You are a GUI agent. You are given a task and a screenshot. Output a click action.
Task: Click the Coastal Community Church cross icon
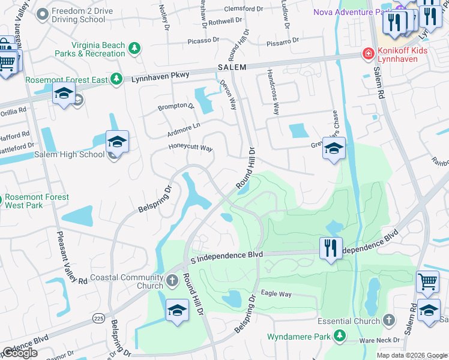(172, 280)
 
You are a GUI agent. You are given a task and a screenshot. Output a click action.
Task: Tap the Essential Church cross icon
(389, 320)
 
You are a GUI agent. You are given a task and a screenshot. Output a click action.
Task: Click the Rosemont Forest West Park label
(37, 201)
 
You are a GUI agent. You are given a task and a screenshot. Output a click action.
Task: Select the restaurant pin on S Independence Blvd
(330, 248)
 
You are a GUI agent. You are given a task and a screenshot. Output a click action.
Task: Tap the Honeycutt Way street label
(190, 148)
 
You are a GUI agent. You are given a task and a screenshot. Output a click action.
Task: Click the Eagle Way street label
(276, 294)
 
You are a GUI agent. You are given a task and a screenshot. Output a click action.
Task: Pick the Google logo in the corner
(20, 353)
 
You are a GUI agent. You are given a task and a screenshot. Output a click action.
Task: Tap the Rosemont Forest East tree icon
(116, 79)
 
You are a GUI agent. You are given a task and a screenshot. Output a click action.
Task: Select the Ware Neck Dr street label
(375, 340)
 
